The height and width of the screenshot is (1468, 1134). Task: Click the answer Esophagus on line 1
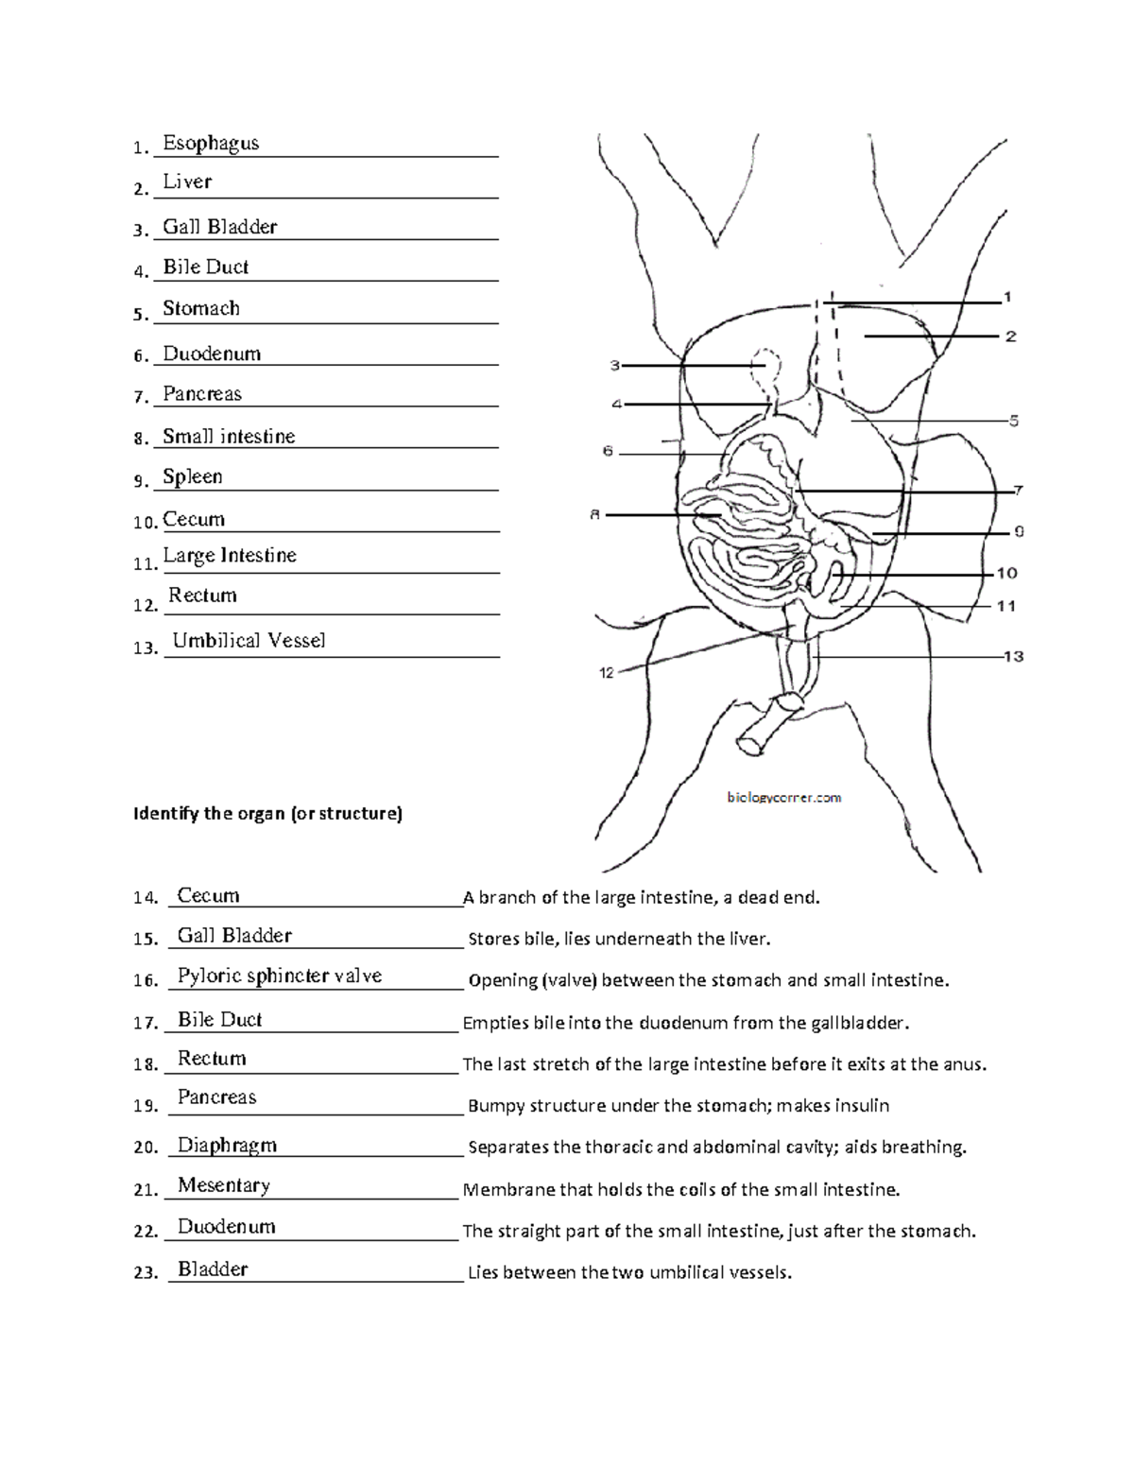(210, 143)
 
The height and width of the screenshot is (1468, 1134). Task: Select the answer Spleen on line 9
(192, 476)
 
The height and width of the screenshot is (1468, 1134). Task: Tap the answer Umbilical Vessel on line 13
(249, 640)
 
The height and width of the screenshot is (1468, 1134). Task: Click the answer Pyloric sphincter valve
(279, 976)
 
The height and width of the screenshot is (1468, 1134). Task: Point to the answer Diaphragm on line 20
(227, 1146)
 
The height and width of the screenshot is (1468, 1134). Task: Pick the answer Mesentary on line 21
(223, 1185)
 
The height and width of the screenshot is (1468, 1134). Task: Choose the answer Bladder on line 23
(213, 1269)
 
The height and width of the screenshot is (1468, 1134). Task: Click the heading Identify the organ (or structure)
(267, 814)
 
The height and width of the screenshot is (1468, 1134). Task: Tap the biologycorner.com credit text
(783, 798)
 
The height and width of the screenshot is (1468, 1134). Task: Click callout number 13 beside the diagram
(1013, 656)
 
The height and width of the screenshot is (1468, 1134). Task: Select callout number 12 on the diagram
(606, 673)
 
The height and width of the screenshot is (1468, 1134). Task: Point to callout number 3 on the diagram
(614, 365)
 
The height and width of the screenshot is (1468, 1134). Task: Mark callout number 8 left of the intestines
(594, 515)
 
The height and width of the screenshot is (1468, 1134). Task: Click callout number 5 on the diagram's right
(1014, 421)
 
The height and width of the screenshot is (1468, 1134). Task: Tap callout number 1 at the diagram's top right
(1008, 297)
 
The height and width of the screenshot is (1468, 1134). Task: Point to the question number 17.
(145, 1023)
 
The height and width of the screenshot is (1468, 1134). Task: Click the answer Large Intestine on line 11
(230, 556)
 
